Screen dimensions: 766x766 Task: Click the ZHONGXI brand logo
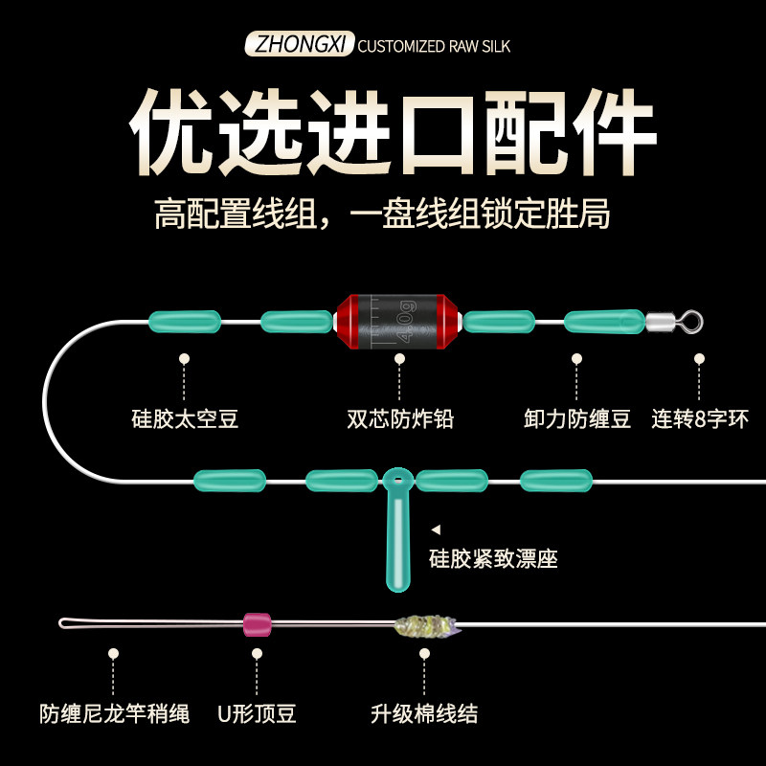(x=301, y=45)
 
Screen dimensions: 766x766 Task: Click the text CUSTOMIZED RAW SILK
(x=440, y=46)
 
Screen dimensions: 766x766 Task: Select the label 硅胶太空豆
(x=185, y=418)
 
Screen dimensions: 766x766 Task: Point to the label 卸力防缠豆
(x=577, y=418)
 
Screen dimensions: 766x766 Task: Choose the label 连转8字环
(x=700, y=418)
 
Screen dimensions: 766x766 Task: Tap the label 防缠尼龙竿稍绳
(x=115, y=713)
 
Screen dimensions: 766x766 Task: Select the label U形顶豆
(x=257, y=713)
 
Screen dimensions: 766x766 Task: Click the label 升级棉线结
(x=424, y=713)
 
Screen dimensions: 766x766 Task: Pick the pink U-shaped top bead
(x=257, y=624)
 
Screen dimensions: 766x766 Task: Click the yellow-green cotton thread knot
(x=425, y=626)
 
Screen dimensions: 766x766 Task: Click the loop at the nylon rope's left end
(x=69, y=623)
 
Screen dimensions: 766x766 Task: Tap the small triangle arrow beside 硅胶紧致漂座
(x=435, y=529)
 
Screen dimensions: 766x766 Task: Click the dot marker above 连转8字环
(x=700, y=358)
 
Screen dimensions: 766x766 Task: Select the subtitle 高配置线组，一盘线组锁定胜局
(x=382, y=214)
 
